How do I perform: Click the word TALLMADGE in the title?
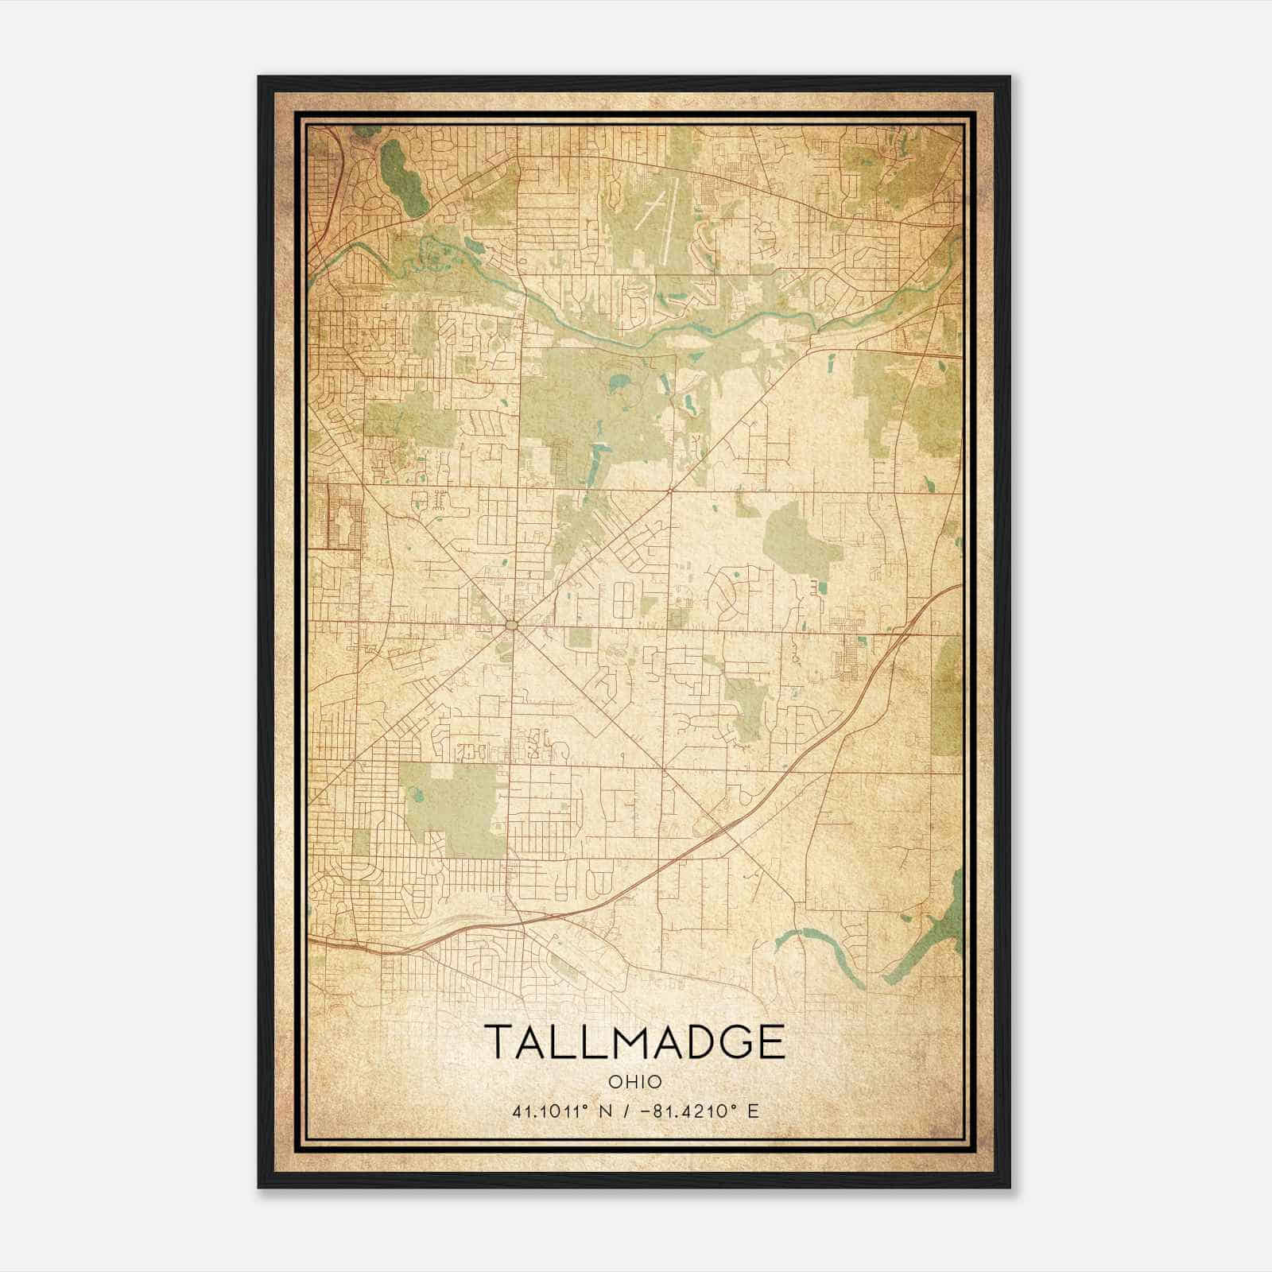tap(634, 1042)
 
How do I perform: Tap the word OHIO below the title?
tap(634, 1082)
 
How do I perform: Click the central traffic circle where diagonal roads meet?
tap(511, 626)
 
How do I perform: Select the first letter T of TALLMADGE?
tap(497, 1042)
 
